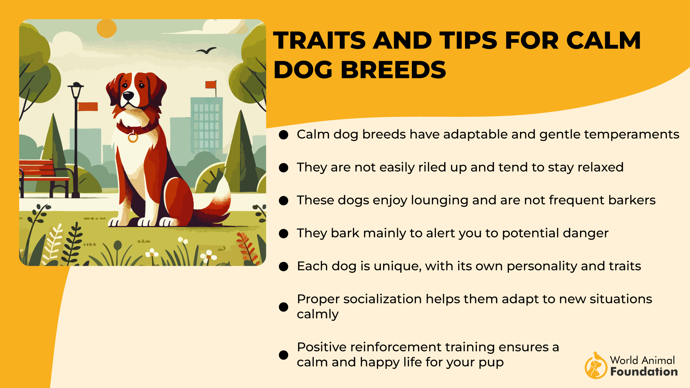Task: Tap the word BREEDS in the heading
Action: tap(393, 70)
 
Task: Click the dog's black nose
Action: tap(128, 96)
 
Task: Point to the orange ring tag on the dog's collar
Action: tap(133, 137)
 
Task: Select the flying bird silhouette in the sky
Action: tap(206, 51)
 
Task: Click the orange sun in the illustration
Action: tap(107, 28)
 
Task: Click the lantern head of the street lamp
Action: tap(75, 90)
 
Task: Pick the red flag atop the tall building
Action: tap(211, 84)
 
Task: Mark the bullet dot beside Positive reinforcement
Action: tap(284, 355)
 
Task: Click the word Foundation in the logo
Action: tap(644, 371)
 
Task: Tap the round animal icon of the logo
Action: tap(595, 366)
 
